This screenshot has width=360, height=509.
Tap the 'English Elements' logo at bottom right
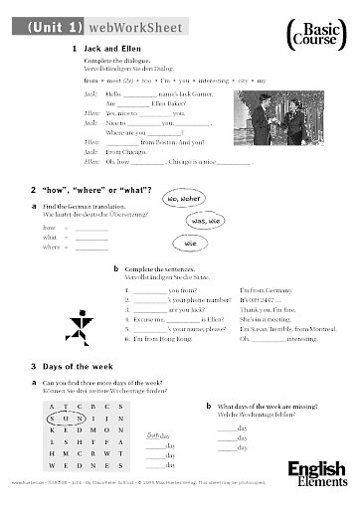[317, 475]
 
